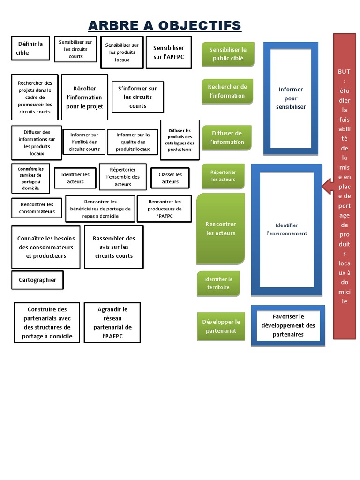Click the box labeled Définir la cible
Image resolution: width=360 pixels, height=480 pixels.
30,48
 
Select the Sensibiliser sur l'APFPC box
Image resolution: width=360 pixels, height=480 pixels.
169,52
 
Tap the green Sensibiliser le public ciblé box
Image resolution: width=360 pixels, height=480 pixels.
228,54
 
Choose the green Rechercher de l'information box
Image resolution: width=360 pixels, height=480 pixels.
227,91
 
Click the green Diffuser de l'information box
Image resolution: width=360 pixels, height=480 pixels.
227,137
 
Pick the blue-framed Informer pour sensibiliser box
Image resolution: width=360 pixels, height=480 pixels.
291,98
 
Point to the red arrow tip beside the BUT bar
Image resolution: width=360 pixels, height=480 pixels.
324,187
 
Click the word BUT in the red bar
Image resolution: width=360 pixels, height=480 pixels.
344,72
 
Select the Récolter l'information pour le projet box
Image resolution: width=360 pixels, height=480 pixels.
84,97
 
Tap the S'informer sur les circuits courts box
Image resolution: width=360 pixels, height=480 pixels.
138,97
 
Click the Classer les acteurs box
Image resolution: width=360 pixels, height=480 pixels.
170,178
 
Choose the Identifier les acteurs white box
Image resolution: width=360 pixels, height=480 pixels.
75,178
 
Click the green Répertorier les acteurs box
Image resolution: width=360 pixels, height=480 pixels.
223,176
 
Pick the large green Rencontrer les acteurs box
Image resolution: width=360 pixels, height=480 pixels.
221,228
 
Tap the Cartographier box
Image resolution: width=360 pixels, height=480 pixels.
37,280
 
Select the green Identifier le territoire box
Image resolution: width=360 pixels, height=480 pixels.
218,283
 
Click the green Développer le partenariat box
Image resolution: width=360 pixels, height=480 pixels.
221,326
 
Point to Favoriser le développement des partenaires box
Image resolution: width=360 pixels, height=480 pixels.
288,325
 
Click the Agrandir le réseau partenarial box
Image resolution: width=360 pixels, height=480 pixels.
112,323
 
